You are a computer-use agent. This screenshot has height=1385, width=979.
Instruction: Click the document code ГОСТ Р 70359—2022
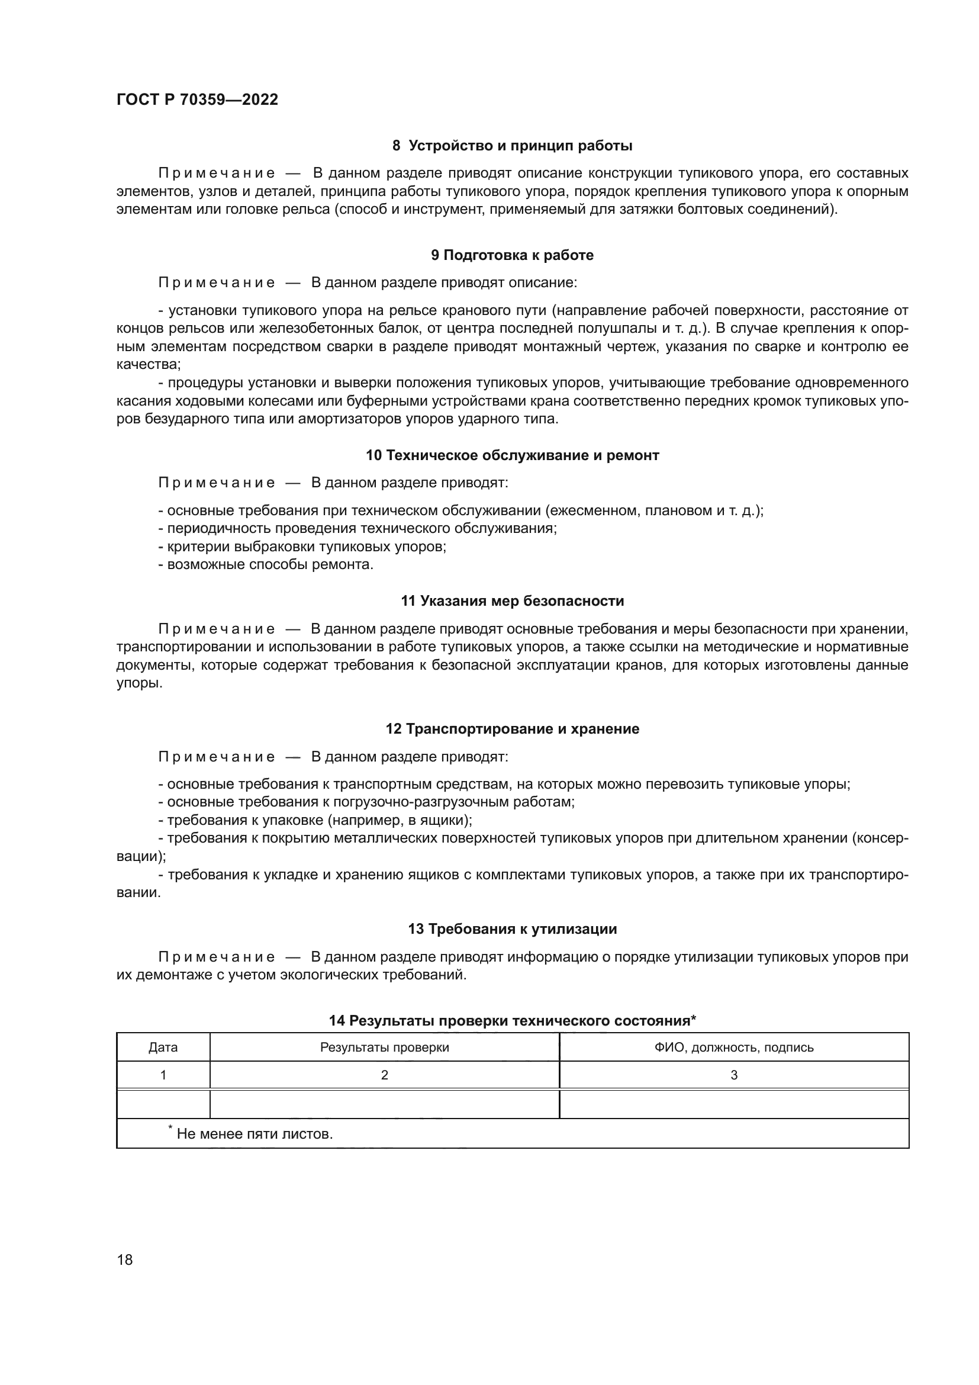(197, 99)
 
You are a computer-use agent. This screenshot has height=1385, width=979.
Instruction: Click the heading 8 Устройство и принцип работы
(512, 146)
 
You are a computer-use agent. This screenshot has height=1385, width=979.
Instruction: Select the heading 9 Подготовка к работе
(512, 255)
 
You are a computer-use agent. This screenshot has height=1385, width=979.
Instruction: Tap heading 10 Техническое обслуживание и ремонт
(512, 455)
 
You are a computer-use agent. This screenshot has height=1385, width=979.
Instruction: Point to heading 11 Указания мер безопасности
(512, 602)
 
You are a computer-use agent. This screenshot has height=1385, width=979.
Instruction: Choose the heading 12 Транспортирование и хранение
(512, 729)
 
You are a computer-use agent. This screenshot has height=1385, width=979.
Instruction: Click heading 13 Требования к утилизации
(512, 929)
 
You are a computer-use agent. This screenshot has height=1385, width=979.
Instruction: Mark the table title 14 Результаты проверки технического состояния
(512, 1021)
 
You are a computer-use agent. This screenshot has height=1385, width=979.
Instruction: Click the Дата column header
(163, 1047)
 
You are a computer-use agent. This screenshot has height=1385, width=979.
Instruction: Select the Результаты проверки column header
(384, 1047)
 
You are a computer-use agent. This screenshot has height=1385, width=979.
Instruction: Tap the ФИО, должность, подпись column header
(733, 1047)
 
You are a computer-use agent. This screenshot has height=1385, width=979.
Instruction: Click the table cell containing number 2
(384, 1075)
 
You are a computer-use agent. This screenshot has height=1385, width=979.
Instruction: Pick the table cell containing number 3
(733, 1075)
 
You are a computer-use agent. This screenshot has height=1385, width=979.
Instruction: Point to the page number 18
(125, 1259)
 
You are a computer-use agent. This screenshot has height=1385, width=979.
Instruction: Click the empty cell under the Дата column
(163, 1104)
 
